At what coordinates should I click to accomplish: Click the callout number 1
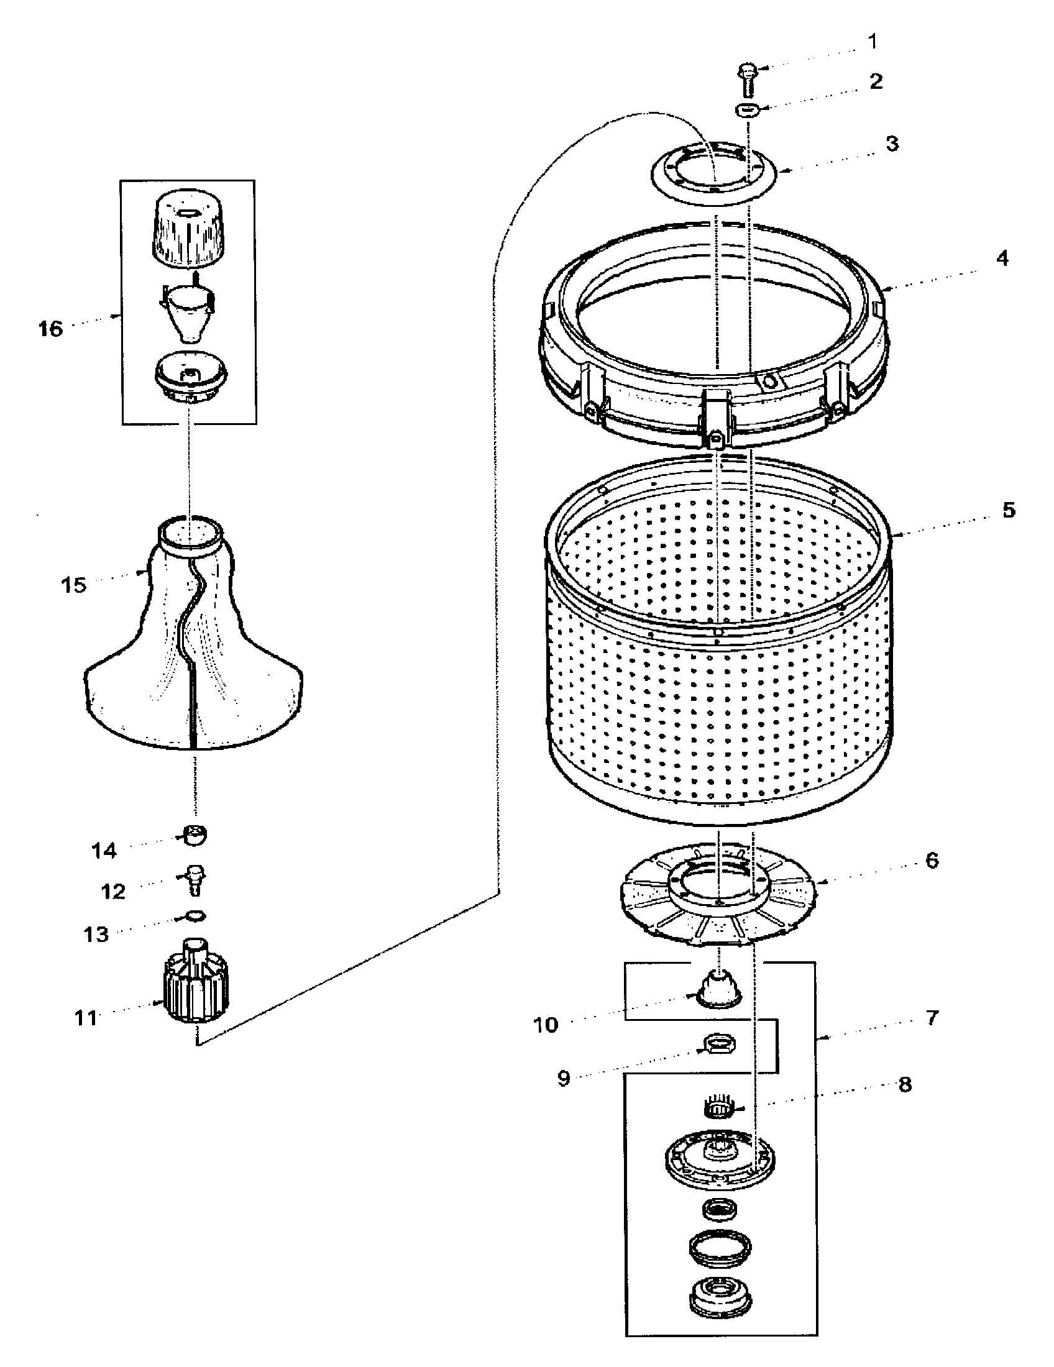pos(873,42)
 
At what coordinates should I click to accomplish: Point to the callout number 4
pos(1002,258)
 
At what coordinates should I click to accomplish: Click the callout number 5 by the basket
pos(1008,510)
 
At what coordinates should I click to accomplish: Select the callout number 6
pos(932,861)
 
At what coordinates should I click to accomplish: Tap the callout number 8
pos(904,1085)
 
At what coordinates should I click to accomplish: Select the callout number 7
pos(932,1018)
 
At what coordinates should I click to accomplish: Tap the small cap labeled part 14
pos(195,836)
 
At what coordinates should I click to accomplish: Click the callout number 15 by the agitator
pos(73,586)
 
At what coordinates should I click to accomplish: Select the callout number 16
pos(51,329)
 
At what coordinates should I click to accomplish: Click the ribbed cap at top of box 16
pos(188,231)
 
